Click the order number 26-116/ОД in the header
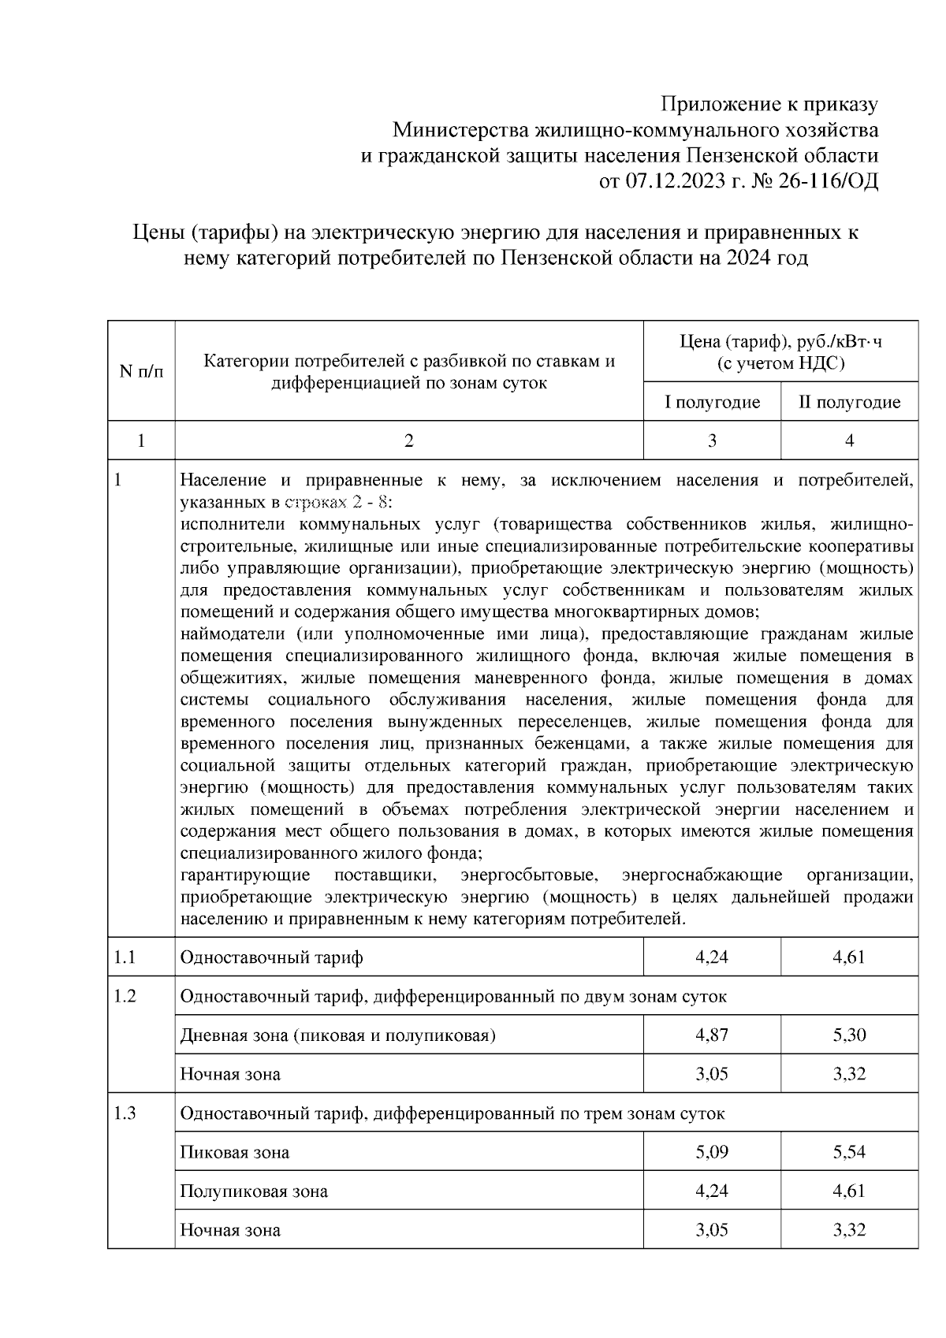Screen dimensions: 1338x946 828,181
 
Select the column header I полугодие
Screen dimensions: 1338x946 712,402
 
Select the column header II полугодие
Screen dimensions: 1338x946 849,402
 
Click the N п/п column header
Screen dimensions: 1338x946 141,370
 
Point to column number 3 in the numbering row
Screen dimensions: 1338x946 712,440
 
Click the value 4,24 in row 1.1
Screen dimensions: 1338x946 712,957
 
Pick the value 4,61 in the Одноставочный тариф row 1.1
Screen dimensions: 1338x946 849,957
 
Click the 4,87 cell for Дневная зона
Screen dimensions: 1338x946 712,1035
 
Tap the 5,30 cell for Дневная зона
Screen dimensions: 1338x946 849,1035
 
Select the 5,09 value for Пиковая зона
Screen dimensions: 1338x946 712,1152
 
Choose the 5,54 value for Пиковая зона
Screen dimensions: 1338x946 849,1152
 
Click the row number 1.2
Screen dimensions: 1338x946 125,996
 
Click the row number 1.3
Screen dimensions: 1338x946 125,1113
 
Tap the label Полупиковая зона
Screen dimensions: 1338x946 254,1191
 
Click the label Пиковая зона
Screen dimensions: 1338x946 234,1152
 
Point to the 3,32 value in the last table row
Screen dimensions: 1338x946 849,1229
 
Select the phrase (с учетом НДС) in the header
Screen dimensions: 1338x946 780,363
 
